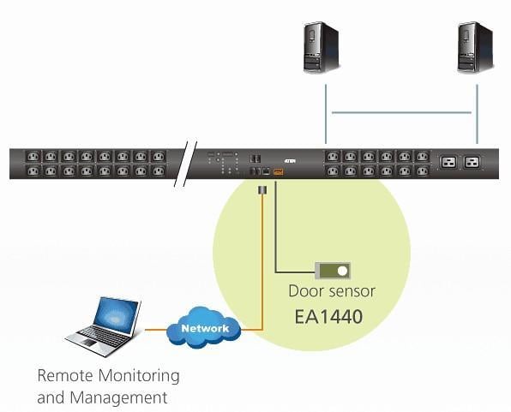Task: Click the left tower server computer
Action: (322, 46)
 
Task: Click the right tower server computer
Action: (476, 46)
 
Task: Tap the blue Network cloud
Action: (204, 327)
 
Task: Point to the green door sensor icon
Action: (333, 271)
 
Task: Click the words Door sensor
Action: (332, 291)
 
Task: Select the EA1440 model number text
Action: (328, 317)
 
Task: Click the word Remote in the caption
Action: (65, 375)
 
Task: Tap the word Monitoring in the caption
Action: (139, 377)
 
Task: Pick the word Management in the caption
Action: (118, 398)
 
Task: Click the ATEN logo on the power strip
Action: (290, 161)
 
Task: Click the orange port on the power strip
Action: (279, 171)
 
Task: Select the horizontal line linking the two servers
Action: (401, 113)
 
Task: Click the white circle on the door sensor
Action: (342, 271)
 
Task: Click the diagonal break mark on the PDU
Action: (185, 164)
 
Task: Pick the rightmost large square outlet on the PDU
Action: (472, 162)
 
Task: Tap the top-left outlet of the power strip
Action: (33, 157)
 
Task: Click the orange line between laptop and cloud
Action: (156, 330)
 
